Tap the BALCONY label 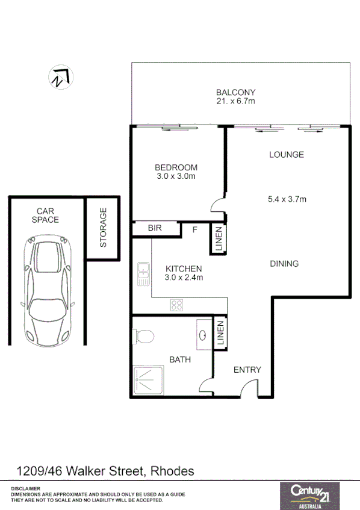[236, 92]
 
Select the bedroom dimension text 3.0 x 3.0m [176, 176]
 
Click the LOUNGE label [286, 155]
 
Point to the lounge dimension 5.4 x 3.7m [287, 199]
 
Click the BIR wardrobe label [155, 228]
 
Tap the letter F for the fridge [194, 229]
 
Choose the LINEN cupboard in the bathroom [220, 333]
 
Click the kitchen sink [143, 274]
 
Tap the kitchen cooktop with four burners [176, 305]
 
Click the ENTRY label [247, 370]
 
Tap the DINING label [284, 264]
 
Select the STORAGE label [103, 228]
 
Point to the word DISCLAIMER [26, 488]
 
